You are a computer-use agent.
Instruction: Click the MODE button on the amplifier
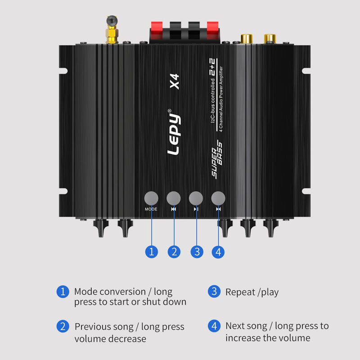[x=151, y=198]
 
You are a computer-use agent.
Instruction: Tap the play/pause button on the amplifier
[x=196, y=198]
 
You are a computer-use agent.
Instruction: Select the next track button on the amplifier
[x=218, y=198]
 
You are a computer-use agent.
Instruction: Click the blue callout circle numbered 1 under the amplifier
[x=152, y=252]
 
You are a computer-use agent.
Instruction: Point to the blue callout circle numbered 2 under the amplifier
[x=174, y=252]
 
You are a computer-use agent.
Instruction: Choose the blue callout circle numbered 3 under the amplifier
[x=197, y=252]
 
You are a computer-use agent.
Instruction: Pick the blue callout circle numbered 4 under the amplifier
[x=218, y=252]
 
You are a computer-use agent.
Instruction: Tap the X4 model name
[x=175, y=83]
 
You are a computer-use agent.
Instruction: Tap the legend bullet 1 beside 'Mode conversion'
[x=63, y=292]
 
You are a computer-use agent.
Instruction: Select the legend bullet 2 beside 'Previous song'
[x=63, y=326]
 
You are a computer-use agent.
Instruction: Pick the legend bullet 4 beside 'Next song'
[x=214, y=325]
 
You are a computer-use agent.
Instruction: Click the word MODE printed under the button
[x=151, y=209]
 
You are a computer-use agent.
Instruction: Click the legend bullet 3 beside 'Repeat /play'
[x=214, y=292]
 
